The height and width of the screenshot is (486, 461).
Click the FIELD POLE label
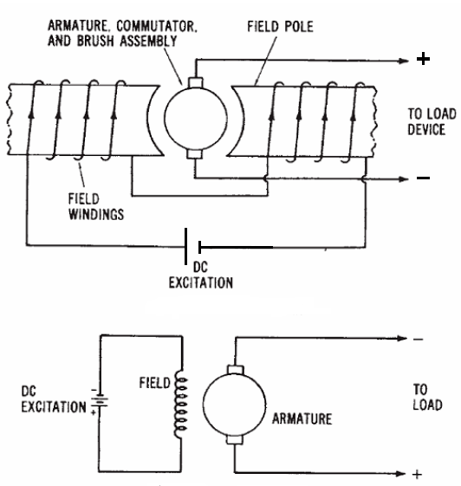pyautogui.click(x=280, y=27)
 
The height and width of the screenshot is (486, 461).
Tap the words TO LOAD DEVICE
pyautogui.click(x=432, y=121)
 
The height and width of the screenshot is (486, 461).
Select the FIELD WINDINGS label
pyautogui.click(x=96, y=207)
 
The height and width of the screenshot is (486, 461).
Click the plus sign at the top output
pyautogui.click(x=423, y=59)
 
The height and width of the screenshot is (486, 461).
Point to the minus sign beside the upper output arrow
pyautogui.click(x=423, y=178)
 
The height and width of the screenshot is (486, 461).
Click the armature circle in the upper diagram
pyautogui.click(x=196, y=119)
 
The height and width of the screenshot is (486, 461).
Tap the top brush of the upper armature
pyautogui.click(x=196, y=82)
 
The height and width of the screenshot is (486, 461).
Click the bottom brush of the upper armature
pyautogui.click(x=195, y=154)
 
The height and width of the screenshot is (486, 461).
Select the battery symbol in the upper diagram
pyautogui.click(x=193, y=247)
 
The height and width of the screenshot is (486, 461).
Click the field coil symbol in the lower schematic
pyautogui.click(x=181, y=404)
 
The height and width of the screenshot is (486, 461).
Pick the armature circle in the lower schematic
pyautogui.click(x=234, y=405)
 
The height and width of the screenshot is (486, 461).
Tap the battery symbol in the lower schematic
pyautogui.click(x=99, y=401)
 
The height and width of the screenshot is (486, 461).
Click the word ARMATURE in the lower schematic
pyautogui.click(x=302, y=418)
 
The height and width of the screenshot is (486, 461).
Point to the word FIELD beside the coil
pyautogui.click(x=155, y=383)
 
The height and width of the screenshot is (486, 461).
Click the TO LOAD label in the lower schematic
pyautogui.click(x=427, y=397)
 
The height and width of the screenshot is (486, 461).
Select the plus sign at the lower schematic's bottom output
pyautogui.click(x=418, y=474)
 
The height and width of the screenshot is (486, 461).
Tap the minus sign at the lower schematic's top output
pyautogui.click(x=418, y=340)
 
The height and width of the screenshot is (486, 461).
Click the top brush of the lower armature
pyautogui.click(x=236, y=370)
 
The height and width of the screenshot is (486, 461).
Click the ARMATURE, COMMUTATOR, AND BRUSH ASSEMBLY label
pyautogui.click(x=122, y=34)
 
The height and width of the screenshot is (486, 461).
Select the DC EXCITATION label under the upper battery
pyautogui.click(x=200, y=275)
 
